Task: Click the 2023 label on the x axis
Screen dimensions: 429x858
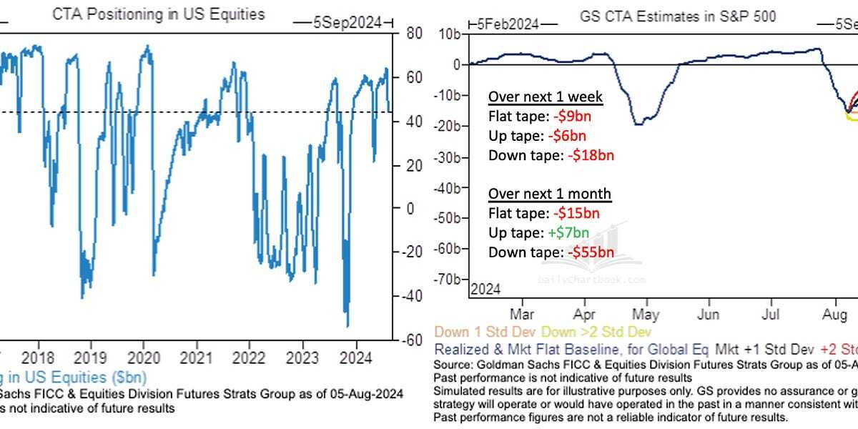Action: point(302,357)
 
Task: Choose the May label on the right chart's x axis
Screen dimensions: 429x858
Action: point(646,314)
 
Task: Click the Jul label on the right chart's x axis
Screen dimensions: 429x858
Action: point(770,314)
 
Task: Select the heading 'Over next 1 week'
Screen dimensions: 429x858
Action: point(545,97)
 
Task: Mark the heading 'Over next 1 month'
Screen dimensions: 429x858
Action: point(550,194)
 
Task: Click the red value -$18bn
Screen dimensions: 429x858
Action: point(591,155)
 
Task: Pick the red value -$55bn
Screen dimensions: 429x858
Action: point(591,252)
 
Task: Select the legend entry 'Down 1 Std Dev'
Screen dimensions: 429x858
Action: point(474,332)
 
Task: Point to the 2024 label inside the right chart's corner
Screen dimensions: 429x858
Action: point(485,289)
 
